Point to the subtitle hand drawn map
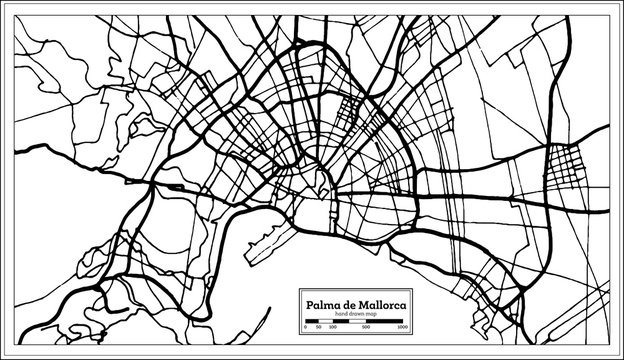pos(356,313)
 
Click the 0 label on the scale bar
pos(305,327)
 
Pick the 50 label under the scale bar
pos(318,327)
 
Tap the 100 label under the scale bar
pos(333,327)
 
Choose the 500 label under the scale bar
pos(366,327)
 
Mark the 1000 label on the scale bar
pos(402,327)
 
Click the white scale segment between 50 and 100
pos(325,321)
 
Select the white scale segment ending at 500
pos(357,321)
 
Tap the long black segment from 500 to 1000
pos(384,321)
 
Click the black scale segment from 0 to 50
pos(311,321)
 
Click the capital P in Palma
pos(309,305)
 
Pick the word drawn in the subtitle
pos(357,313)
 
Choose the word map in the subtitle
pos(371,313)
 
